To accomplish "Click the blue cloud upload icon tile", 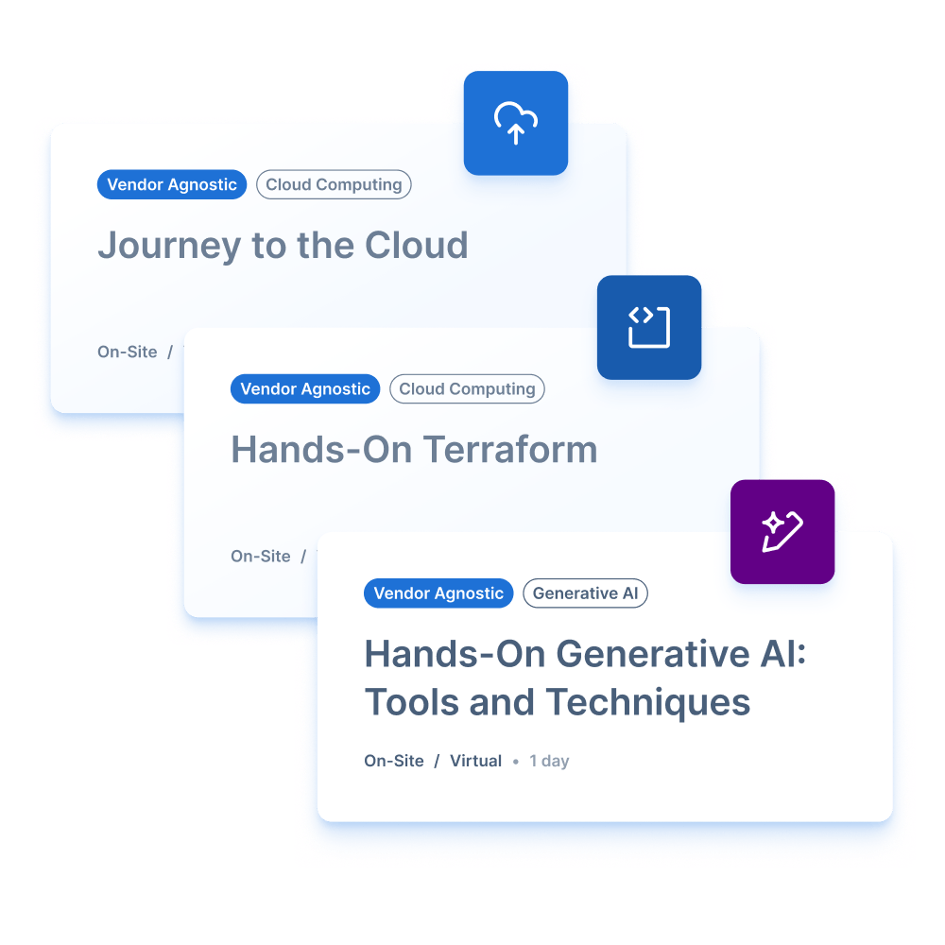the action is pos(515,123).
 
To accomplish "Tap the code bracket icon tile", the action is pos(649,327).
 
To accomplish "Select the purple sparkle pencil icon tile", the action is pos(782,531).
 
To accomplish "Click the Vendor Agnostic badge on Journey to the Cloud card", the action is pos(172,184).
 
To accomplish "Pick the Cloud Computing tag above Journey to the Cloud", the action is pos(334,184).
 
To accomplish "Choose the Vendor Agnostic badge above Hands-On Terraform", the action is pos(305,388).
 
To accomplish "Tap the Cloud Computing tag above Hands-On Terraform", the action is pos(467,388).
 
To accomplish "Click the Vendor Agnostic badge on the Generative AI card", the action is pos(438,593).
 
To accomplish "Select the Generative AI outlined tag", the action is pos(585,593).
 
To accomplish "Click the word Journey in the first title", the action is pos(169,247).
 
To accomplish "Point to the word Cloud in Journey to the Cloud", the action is pos(417,245).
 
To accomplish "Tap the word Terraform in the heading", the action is pos(510,449).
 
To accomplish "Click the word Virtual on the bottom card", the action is pos(475,761).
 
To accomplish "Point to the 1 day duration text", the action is pos(549,761).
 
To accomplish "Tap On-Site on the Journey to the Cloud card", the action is pos(128,352).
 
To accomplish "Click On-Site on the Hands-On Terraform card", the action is pos(261,557).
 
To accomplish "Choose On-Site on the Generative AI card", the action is pos(394,761).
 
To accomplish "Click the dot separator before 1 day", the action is pos(515,762).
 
